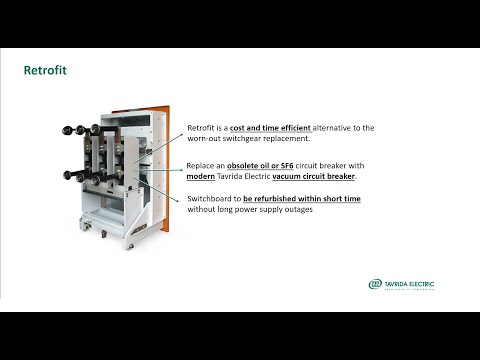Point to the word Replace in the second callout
click(x=203, y=165)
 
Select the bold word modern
click(x=203, y=176)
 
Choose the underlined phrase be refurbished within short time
click(x=301, y=199)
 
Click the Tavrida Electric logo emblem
click(x=375, y=284)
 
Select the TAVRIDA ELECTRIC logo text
click(x=409, y=282)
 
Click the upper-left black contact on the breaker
click(x=69, y=129)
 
